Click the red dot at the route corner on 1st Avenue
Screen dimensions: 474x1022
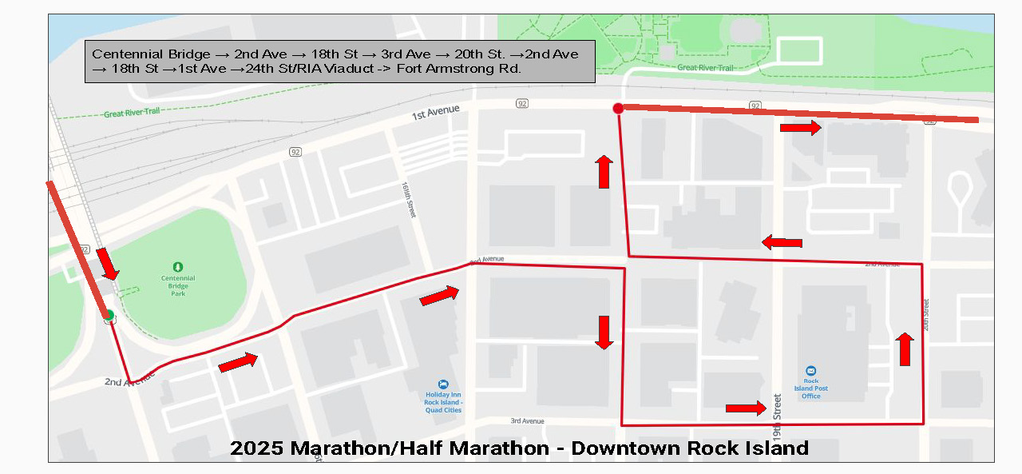(618, 108)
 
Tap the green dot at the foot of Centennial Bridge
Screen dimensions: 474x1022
(109, 315)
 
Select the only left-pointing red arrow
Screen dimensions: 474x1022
(782, 242)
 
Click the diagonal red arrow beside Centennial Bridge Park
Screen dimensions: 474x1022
(107, 264)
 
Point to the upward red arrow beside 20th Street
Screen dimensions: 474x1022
(905, 349)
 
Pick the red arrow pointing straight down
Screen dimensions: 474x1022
(604, 333)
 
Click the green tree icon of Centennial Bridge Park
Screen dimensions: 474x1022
(177, 267)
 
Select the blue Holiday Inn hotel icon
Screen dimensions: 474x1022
(443, 384)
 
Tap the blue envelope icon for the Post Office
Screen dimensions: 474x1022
(810, 371)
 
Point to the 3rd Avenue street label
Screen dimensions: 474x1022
(528, 420)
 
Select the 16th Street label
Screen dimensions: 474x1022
(409, 198)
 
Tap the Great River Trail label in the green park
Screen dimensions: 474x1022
(704, 68)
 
